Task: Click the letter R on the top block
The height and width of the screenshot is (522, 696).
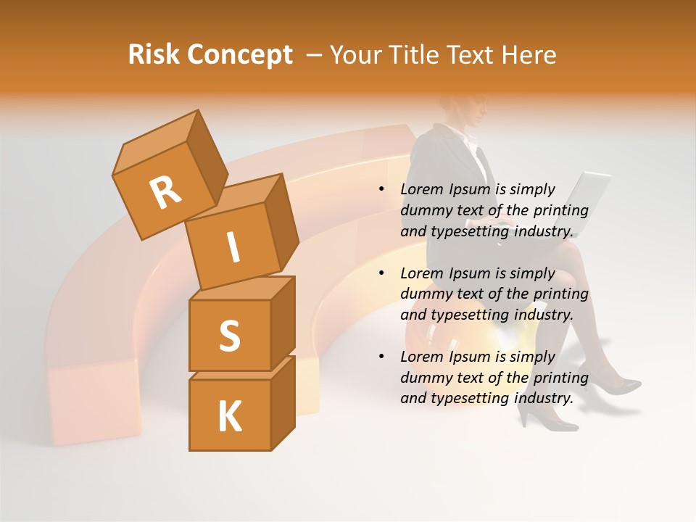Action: click(165, 192)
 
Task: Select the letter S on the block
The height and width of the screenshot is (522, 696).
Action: click(229, 335)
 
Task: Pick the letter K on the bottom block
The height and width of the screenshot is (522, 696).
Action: click(229, 416)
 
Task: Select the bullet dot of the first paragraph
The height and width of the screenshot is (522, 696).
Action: click(382, 190)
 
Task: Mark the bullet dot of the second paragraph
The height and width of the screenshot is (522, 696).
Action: click(382, 274)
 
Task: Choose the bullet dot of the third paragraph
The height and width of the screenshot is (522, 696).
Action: click(382, 357)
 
